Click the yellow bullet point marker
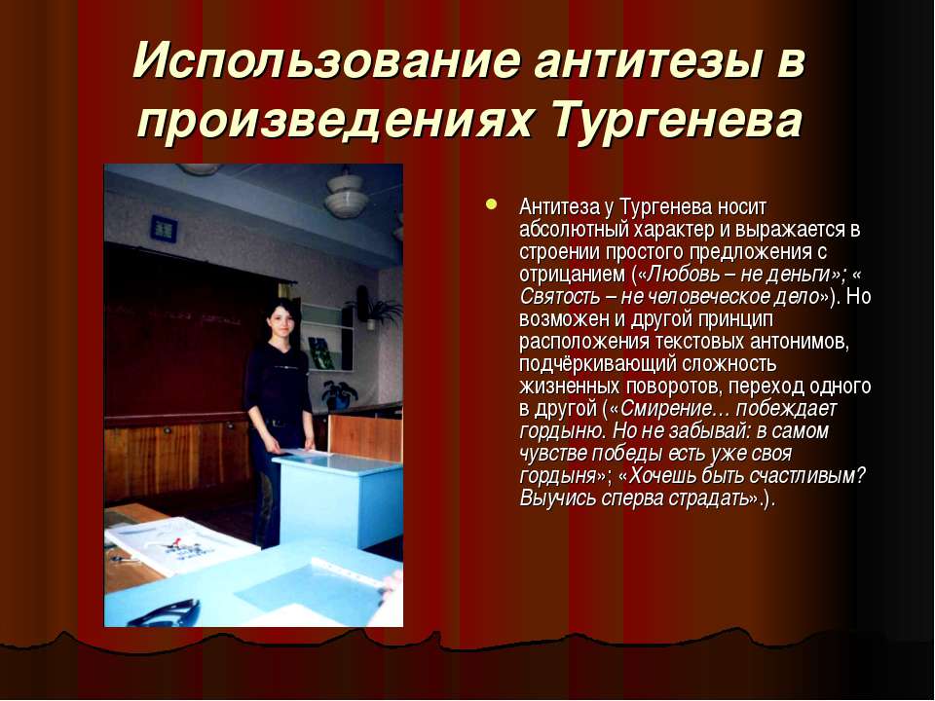pos(491,204)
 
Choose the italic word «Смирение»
pos(666,410)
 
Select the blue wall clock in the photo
pos(164,228)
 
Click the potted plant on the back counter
pos(339,394)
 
